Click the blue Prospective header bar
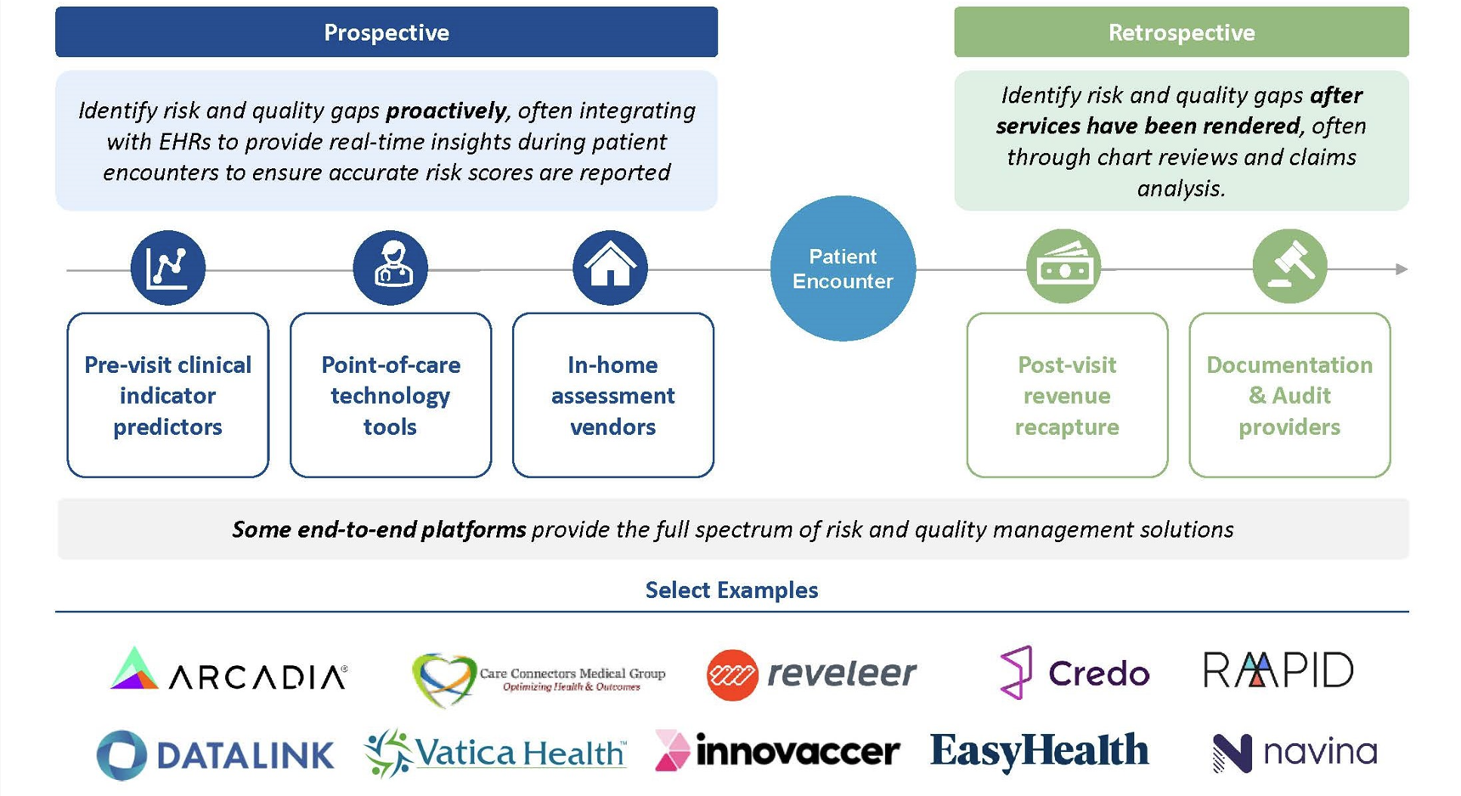point(386,32)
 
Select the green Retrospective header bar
point(1181,32)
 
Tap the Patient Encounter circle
point(843,268)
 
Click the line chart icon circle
point(167,268)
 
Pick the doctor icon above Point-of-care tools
point(391,268)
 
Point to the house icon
point(610,268)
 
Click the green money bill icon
point(1063,267)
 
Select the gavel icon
point(1289,267)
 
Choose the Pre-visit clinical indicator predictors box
point(168,395)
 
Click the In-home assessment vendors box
point(612,395)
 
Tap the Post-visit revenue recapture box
point(1067,395)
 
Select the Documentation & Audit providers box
point(1289,395)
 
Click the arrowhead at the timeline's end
point(1402,269)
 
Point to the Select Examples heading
point(731,590)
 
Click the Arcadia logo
point(228,671)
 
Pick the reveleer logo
point(811,674)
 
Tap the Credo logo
point(1074,673)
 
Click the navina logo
point(1294,753)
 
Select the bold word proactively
point(446,110)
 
